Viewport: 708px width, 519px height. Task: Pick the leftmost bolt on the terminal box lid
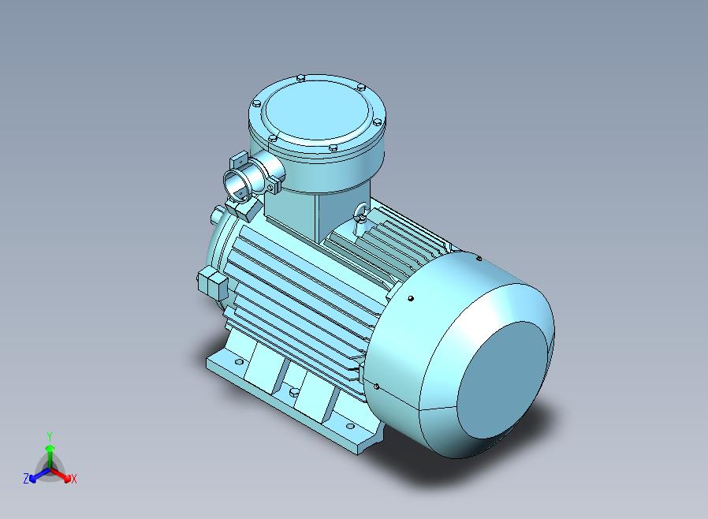click(x=256, y=104)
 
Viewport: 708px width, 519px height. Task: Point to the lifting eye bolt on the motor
click(x=361, y=212)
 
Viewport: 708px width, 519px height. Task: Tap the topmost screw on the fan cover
click(x=479, y=259)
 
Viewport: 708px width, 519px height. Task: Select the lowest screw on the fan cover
click(x=377, y=386)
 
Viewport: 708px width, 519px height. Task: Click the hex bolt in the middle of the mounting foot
click(x=294, y=392)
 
